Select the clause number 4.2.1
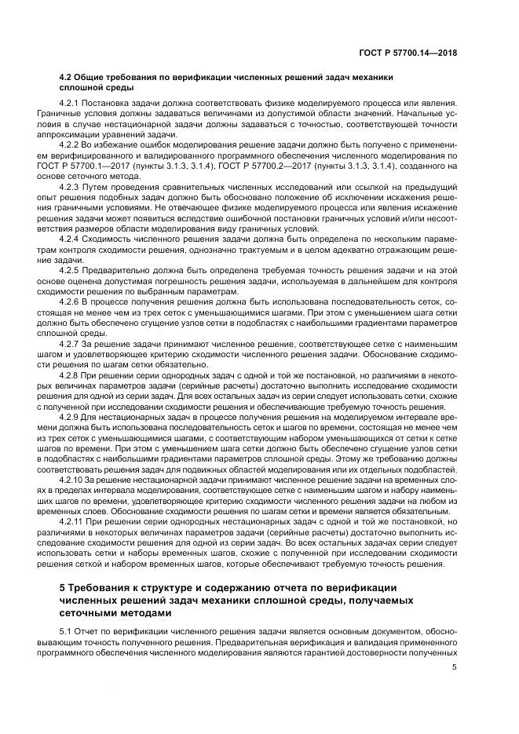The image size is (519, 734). pos(73,104)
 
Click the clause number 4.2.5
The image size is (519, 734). pos(73,268)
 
